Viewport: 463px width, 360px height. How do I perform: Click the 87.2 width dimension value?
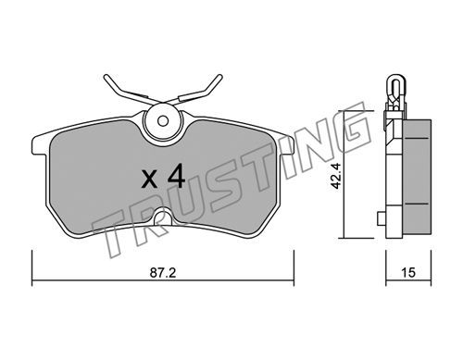pyautogui.click(x=163, y=273)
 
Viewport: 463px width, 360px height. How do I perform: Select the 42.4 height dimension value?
pyautogui.click(x=335, y=176)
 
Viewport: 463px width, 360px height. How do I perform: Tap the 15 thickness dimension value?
pyautogui.click(x=408, y=273)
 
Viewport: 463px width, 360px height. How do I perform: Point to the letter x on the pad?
pyautogui.click(x=149, y=180)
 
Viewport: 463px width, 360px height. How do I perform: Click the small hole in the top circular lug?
pyautogui.click(x=162, y=120)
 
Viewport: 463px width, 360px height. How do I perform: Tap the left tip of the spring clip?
pyautogui.click(x=106, y=77)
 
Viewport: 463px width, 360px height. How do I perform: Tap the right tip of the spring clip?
pyautogui.click(x=219, y=76)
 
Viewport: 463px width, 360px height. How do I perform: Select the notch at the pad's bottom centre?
pyautogui.click(x=163, y=217)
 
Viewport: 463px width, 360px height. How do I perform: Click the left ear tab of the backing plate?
pyautogui.click(x=40, y=144)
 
